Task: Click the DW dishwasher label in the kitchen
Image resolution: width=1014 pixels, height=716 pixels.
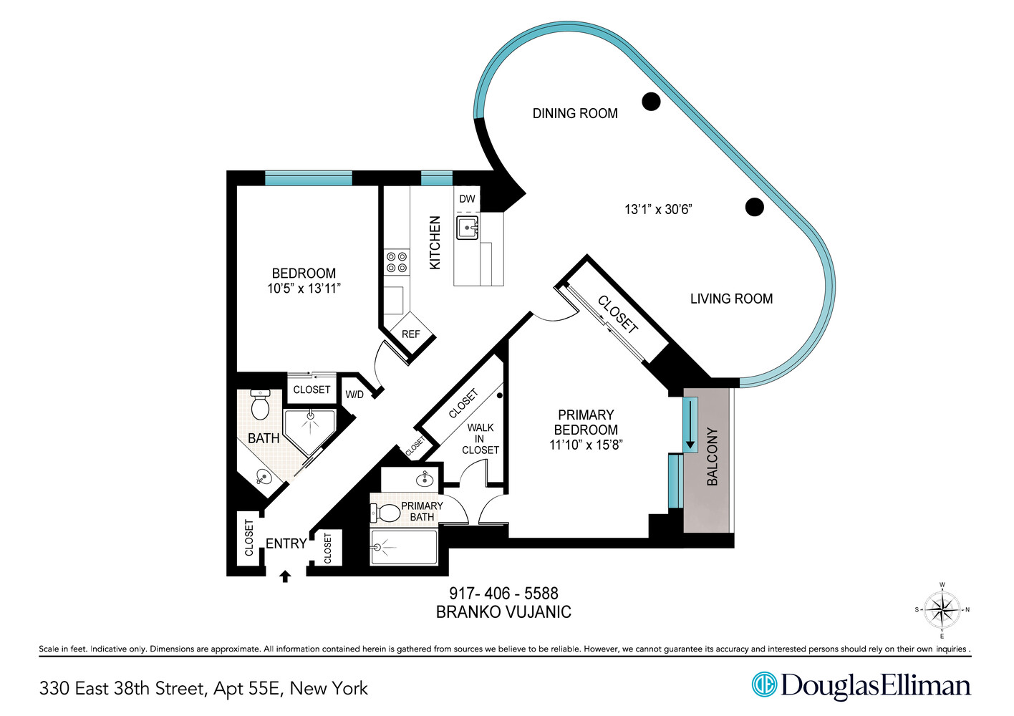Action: coord(467,199)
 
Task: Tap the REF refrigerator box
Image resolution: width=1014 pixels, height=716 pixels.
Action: coord(410,334)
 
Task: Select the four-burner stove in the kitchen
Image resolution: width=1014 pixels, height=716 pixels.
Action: coord(396,263)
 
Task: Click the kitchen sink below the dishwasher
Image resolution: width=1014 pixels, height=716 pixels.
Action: coord(467,228)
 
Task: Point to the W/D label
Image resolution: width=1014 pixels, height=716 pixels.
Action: coord(354,395)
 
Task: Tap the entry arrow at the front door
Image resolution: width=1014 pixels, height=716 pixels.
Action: coord(285,576)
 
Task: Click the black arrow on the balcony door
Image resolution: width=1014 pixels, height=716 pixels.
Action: coord(690,425)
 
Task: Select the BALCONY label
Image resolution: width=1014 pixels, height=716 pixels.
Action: coord(713,457)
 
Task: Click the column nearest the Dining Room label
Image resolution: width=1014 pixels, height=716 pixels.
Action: coord(650,102)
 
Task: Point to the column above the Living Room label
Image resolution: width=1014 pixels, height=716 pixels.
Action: coord(754,207)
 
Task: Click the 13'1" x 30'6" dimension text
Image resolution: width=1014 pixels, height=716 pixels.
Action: coord(658,209)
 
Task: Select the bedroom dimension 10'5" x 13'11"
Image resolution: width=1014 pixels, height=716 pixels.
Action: coord(304,289)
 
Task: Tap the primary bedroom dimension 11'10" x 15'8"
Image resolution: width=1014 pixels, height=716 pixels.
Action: coord(586,445)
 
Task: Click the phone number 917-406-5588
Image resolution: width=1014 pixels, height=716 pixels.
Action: coord(503,593)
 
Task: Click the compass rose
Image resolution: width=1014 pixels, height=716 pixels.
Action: coord(942,610)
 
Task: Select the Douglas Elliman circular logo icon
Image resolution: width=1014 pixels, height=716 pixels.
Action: coord(764,684)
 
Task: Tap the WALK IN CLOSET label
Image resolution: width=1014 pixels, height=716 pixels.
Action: coord(480,438)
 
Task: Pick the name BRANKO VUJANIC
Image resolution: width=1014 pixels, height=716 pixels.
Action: coord(503,612)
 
